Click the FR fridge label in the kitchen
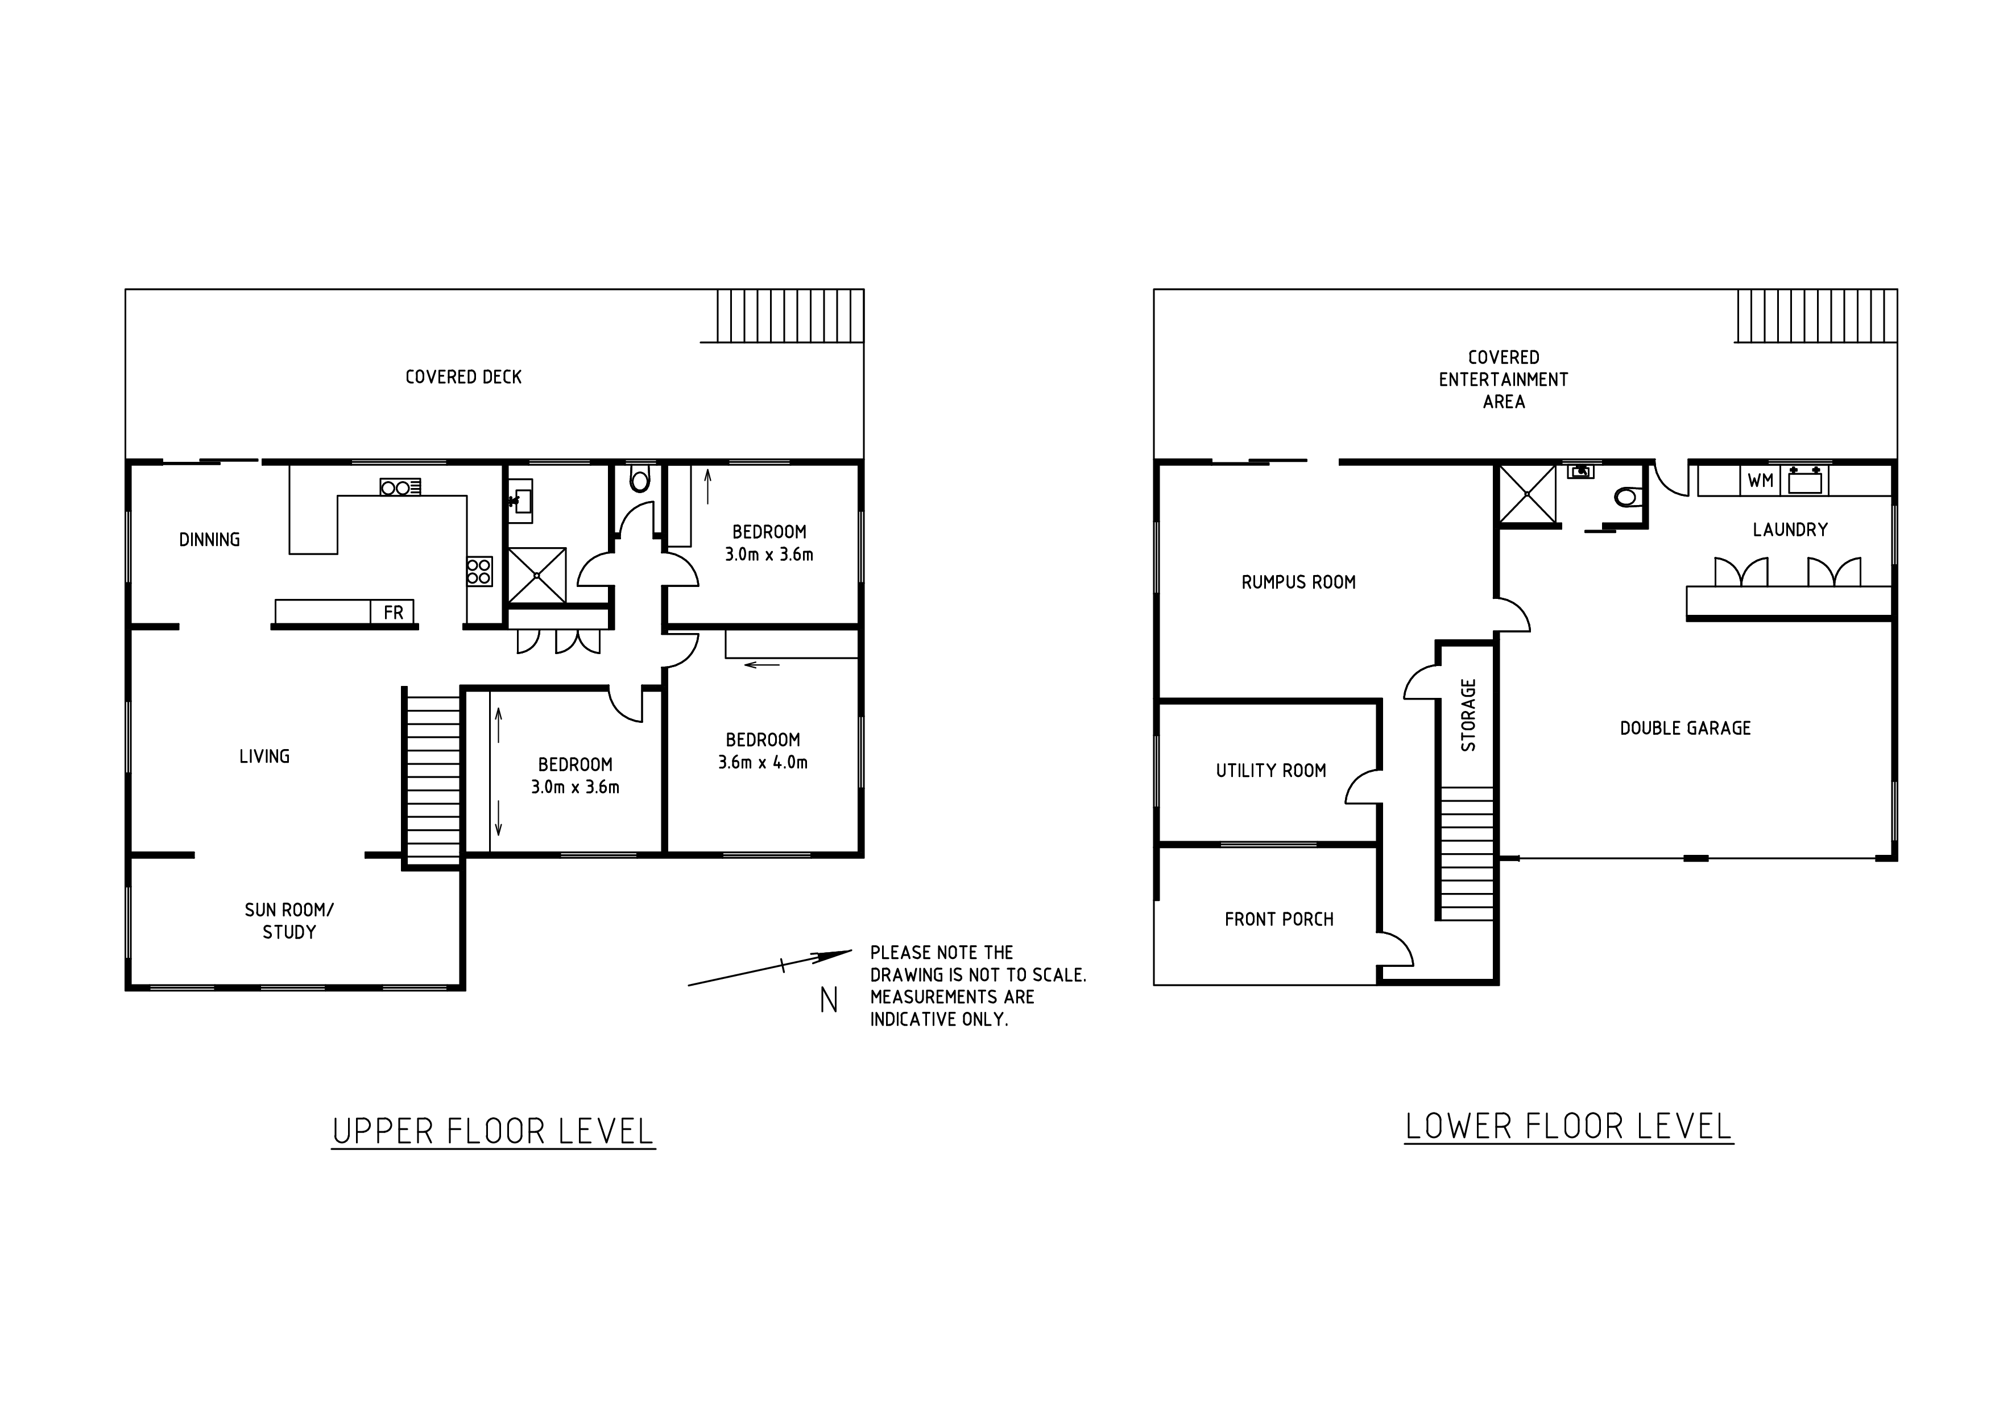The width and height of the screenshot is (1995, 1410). point(394,613)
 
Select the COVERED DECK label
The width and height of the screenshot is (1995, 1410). point(463,377)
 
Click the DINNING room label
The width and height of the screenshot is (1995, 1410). point(209,540)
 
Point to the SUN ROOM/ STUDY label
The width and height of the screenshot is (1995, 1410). point(289,921)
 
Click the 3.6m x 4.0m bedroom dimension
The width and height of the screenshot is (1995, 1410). point(763,763)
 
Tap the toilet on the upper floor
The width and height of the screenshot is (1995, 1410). point(640,478)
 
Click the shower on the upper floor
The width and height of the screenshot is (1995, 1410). point(537,575)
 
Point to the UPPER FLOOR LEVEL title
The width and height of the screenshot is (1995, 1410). point(492,1131)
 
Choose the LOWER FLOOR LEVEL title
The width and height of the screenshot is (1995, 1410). point(1568,1126)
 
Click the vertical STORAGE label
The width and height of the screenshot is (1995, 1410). point(1468,715)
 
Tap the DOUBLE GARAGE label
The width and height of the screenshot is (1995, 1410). point(1686,728)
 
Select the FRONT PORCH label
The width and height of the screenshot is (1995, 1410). point(1279,919)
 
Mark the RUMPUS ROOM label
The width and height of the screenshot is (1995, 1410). point(1298,582)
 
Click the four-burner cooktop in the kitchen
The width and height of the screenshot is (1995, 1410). point(479,571)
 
